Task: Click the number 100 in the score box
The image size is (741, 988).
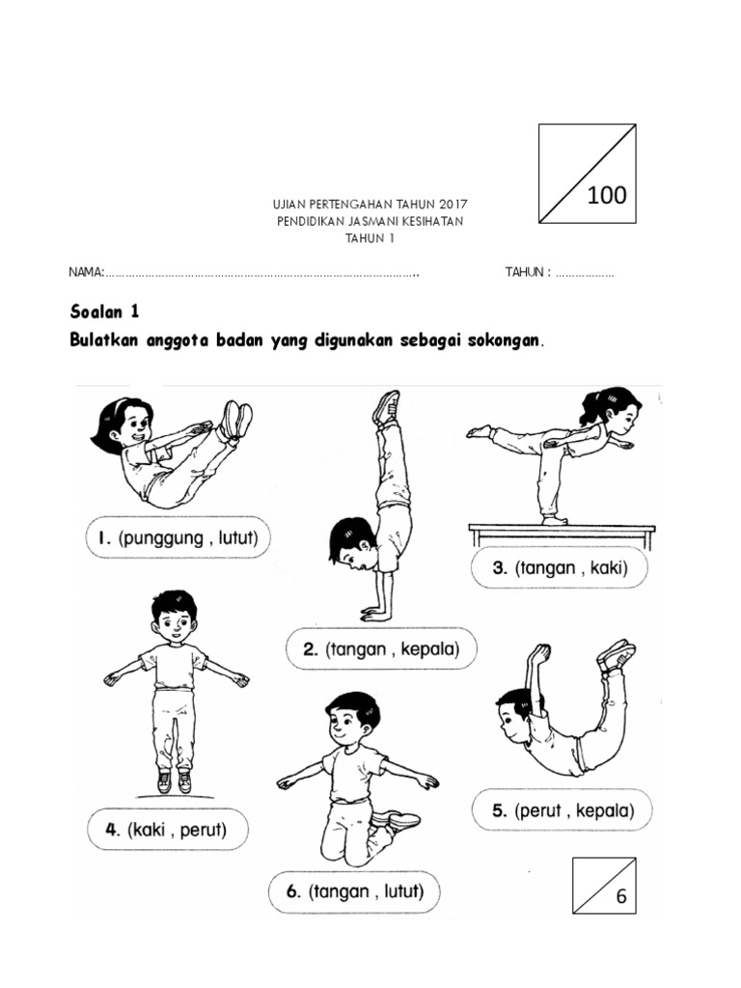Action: pos(606,196)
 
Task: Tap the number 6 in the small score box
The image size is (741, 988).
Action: pos(621,896)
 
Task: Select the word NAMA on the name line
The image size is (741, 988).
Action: pos(86,273)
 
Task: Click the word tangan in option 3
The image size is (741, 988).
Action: pos(546,568)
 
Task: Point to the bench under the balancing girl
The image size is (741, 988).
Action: pos(560,529)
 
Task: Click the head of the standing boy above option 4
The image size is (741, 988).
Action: pos(173,616)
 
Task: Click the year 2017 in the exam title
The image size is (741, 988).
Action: pos(452,205)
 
